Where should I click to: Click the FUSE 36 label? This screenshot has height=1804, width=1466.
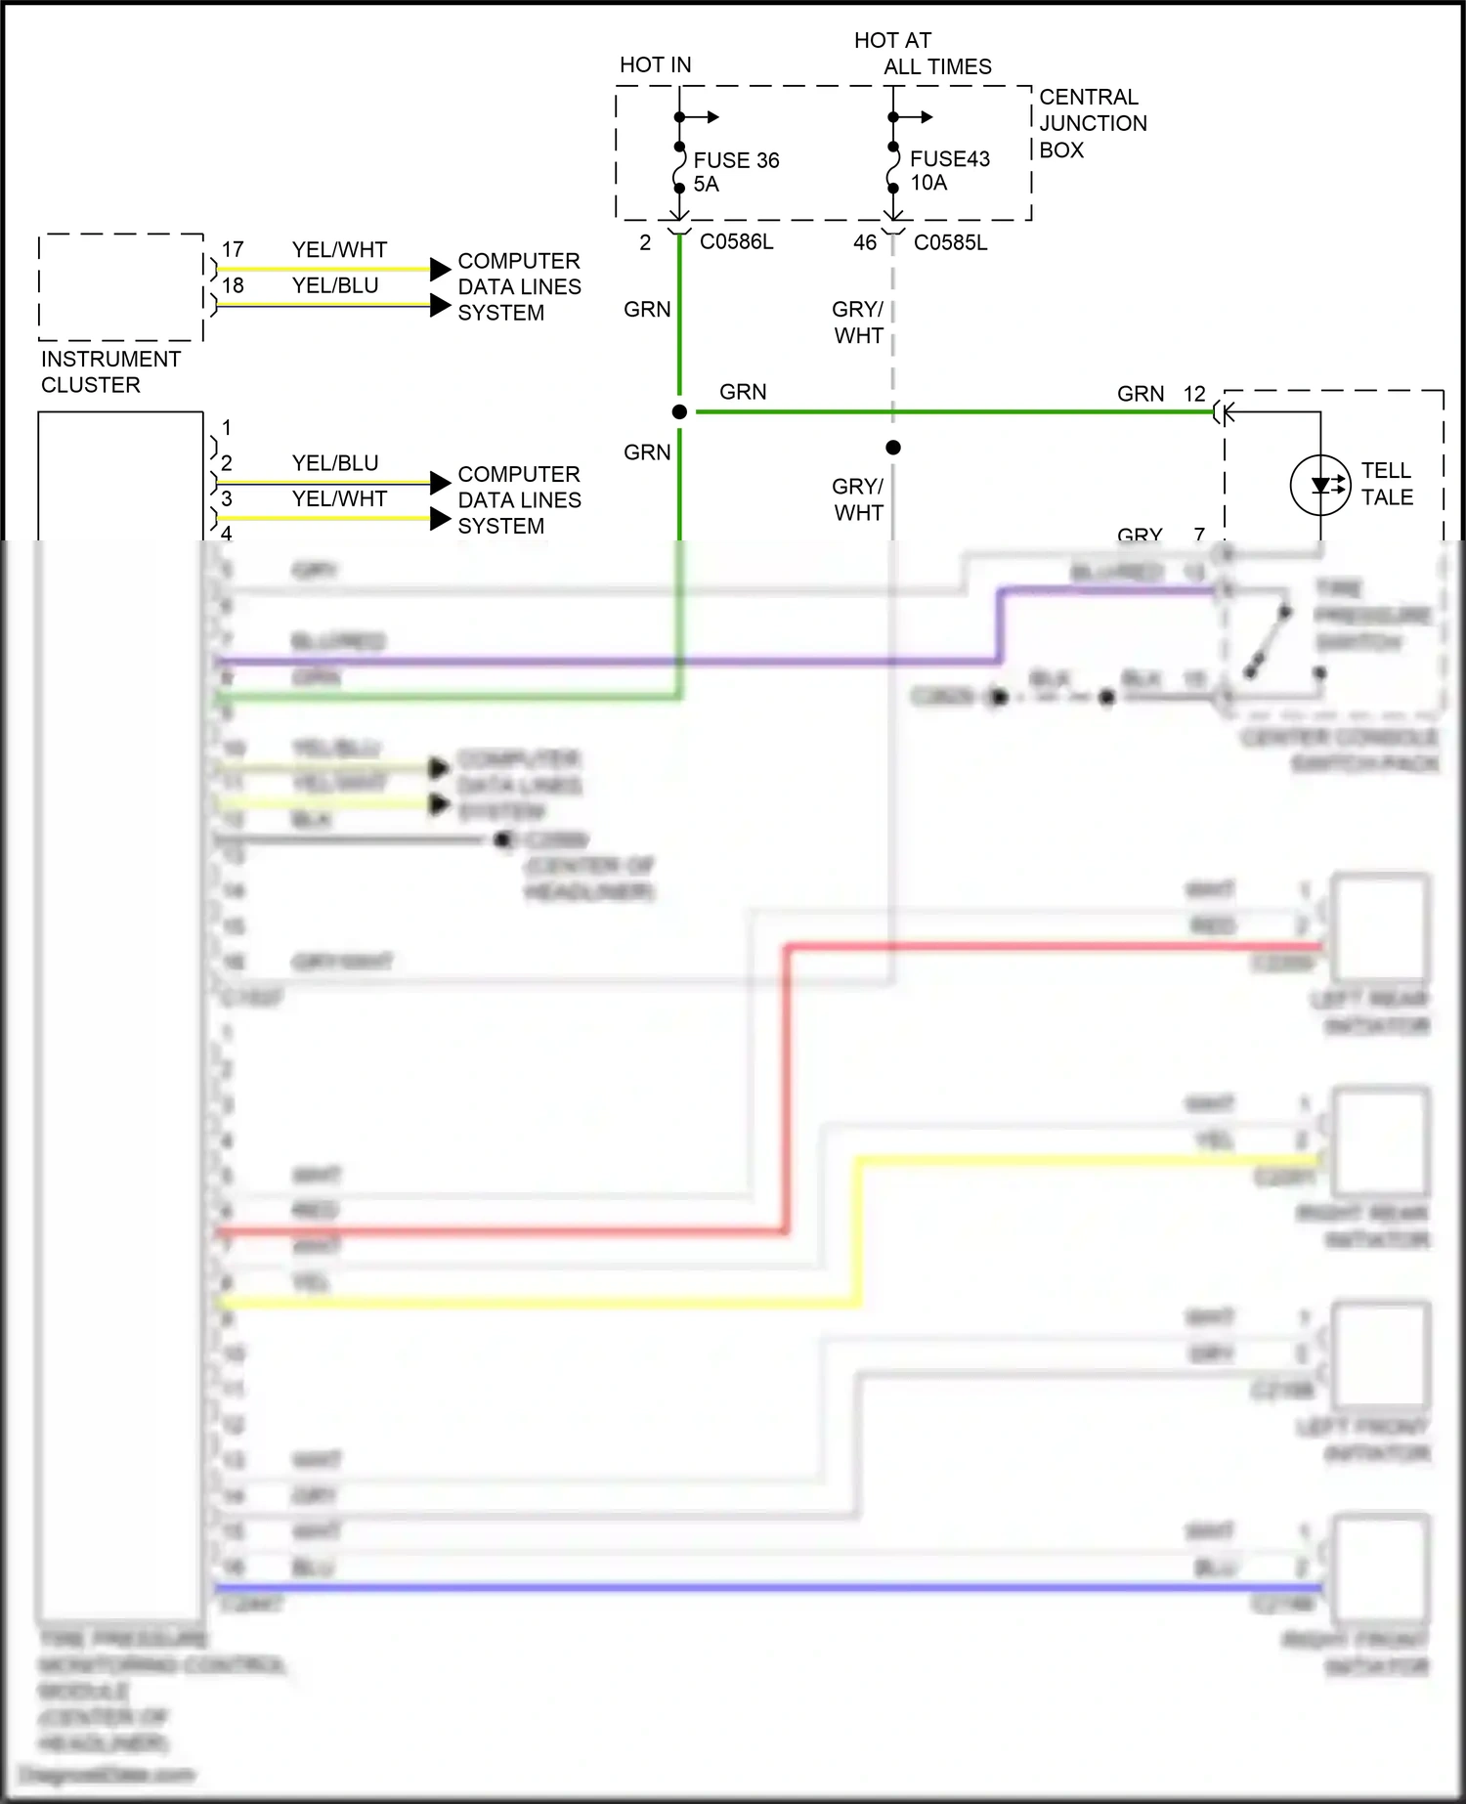coord(736,160)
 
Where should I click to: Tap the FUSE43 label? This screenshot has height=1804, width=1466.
coord(949,158)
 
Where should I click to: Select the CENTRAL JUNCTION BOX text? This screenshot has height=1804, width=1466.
coord(1092,123)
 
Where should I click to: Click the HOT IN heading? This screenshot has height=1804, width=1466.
coord(655,64)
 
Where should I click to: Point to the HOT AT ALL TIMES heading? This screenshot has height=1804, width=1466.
coord(922,54)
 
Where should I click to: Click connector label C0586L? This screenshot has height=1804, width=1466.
coord(736,242)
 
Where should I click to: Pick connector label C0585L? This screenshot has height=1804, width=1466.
coord(950,242)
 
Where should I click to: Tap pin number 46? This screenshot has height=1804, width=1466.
coord(865,242)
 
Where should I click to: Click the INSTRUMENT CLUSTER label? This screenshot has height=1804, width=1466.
coord(109,371)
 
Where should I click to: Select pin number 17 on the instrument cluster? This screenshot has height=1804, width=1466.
coord(233,249)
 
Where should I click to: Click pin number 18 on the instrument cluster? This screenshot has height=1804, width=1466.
coord(233,285)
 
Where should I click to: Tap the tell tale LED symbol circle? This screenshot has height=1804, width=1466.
coord(1320,485)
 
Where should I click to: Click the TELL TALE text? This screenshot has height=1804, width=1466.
coord(1387,484)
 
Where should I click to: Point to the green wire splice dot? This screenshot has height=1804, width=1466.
coord(679,412)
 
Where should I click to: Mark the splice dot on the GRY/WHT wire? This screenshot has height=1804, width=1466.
coord(893,448)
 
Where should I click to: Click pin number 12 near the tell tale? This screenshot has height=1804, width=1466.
coord(1194,394)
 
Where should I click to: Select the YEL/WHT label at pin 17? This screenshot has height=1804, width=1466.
coord(339,249)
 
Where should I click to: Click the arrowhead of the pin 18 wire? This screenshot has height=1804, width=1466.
coord(441,305)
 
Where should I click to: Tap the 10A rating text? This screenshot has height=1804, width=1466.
coord(928,183)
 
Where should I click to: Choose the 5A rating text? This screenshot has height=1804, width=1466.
coord(706,184)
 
